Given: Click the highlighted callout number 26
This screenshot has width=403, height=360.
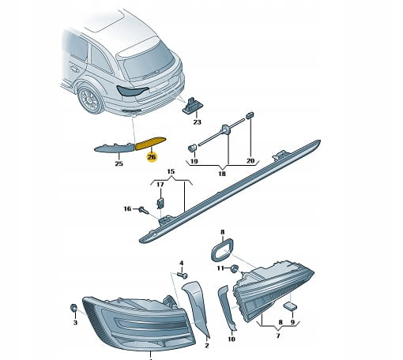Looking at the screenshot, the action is coord(152,157).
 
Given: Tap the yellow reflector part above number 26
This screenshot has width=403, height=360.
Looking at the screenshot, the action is coord(150,143).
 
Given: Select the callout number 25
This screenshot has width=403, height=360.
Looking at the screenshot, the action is coord(119,163).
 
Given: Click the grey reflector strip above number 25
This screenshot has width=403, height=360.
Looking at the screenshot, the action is coord(115,148).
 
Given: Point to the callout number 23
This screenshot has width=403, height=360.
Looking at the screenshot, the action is coord(197,122).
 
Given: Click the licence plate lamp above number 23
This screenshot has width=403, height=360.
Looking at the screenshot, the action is coord(190,105).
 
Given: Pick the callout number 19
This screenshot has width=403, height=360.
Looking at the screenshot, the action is coord(194,161).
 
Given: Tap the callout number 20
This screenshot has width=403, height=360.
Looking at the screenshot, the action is coord(250,160).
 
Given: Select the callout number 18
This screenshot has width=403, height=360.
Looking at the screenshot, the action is coord(222,174).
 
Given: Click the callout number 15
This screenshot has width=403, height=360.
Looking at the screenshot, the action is coord(171,171).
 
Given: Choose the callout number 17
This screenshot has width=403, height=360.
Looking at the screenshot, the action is coord(160,185).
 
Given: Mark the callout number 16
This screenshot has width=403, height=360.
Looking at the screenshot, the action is coord(127,208).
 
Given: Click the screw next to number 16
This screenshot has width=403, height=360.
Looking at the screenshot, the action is coord(144,211).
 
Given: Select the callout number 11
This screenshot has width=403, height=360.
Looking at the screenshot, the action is coord(220,268).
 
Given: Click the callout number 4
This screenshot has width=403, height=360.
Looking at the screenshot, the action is coord(181,263).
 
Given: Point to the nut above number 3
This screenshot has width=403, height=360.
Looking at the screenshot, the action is coord(73,307).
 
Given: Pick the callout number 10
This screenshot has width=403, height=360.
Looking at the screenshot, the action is coord(231,339).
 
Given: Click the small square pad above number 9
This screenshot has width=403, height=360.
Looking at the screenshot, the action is coord(290,306).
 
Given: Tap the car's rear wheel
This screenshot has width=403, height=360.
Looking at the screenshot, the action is coord(89,100).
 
